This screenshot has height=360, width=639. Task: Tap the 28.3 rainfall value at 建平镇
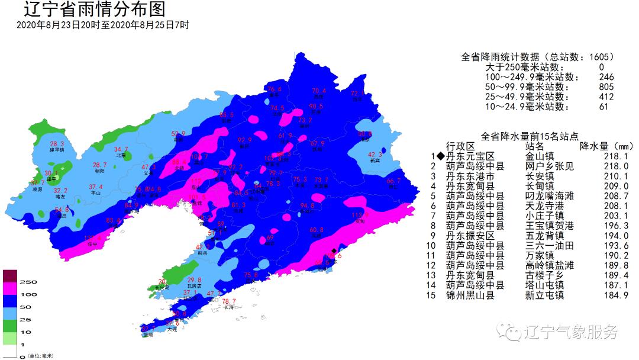(57, 144)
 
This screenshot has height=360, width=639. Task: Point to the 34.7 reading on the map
(121, 149)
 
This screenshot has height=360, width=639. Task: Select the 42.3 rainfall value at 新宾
(375, 155)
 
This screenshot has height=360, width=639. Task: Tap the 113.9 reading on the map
(360, 215)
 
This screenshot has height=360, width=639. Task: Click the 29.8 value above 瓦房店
(194, 280)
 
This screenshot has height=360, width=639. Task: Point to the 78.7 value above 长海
(229, 301)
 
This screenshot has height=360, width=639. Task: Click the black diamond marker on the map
(334, 250)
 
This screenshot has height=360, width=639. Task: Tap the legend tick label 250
(29, 281)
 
